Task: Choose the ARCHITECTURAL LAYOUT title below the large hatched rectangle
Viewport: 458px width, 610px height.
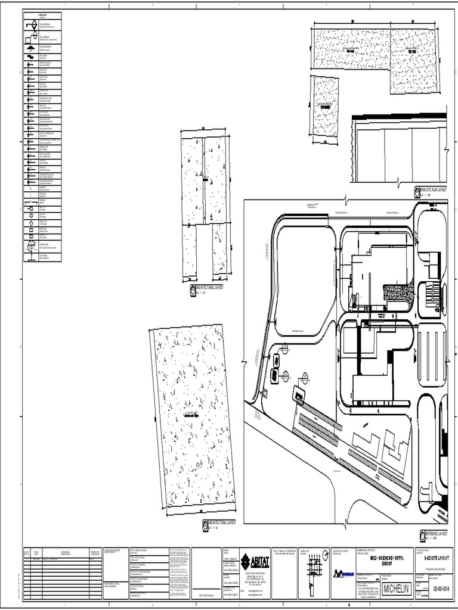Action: pyautogui.click(x=222, y=522)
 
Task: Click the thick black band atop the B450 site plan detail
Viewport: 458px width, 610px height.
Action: pyautogui.click(x=398, y=117)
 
